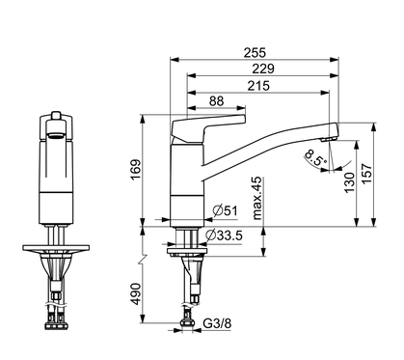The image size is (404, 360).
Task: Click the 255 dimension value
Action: pyautogui.click(x=255, y=52)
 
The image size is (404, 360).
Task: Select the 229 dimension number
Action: pyautogui.click(x=263, y=69)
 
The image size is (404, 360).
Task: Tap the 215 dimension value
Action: pyautogui.click(x=258, y=86)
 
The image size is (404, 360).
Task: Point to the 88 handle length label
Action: pyautogui.click(x=216, y=101)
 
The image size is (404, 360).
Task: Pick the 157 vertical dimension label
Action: pyautogui.click(x=366, y=174)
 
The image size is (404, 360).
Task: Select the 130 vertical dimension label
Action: pyautogui.click(x=349, y=182)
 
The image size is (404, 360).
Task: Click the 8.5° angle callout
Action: pyautogui.click(x=316, y=157)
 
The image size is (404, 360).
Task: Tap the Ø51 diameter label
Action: pyautogui.click(x=226, y=211)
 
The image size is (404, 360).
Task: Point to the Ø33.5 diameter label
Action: pyautogui.click(x=224, y=235)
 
